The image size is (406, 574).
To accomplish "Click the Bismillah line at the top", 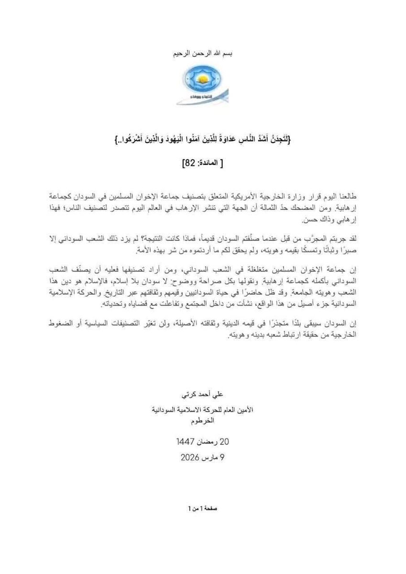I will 202,53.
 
